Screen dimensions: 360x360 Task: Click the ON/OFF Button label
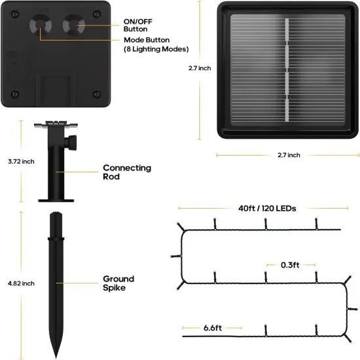137,26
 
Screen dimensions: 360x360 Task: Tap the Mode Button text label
147,40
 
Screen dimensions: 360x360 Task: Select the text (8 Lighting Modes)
156,49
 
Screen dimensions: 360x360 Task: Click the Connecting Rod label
127,172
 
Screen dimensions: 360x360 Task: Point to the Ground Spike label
118,283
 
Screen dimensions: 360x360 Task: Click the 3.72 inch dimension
21,162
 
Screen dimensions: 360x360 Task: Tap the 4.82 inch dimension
21,283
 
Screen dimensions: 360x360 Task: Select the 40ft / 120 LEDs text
267,208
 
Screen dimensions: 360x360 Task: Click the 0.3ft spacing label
290,265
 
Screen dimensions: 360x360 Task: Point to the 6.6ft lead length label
213,328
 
